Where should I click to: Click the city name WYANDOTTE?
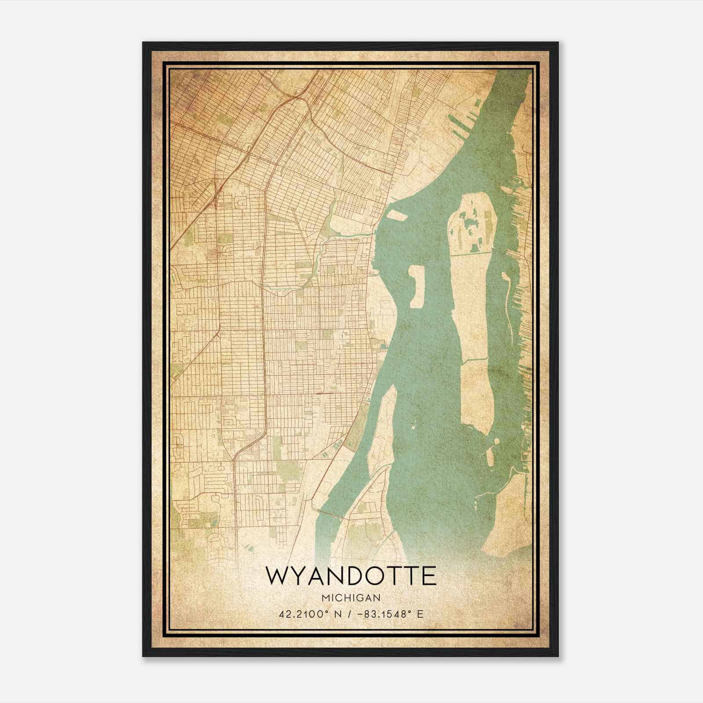click(351, 576)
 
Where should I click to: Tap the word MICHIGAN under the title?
click(351, 598)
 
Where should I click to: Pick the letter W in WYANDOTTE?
click(277, 576)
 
